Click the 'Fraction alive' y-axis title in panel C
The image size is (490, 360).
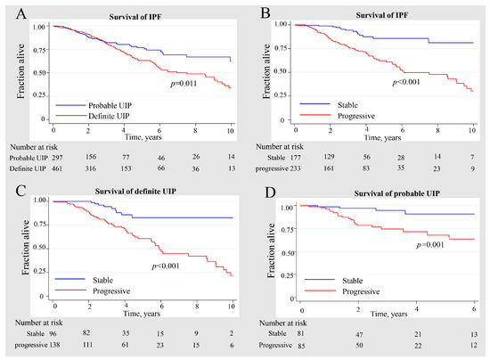pos(12,245)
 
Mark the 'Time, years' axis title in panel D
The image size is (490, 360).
pos(382,314)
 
